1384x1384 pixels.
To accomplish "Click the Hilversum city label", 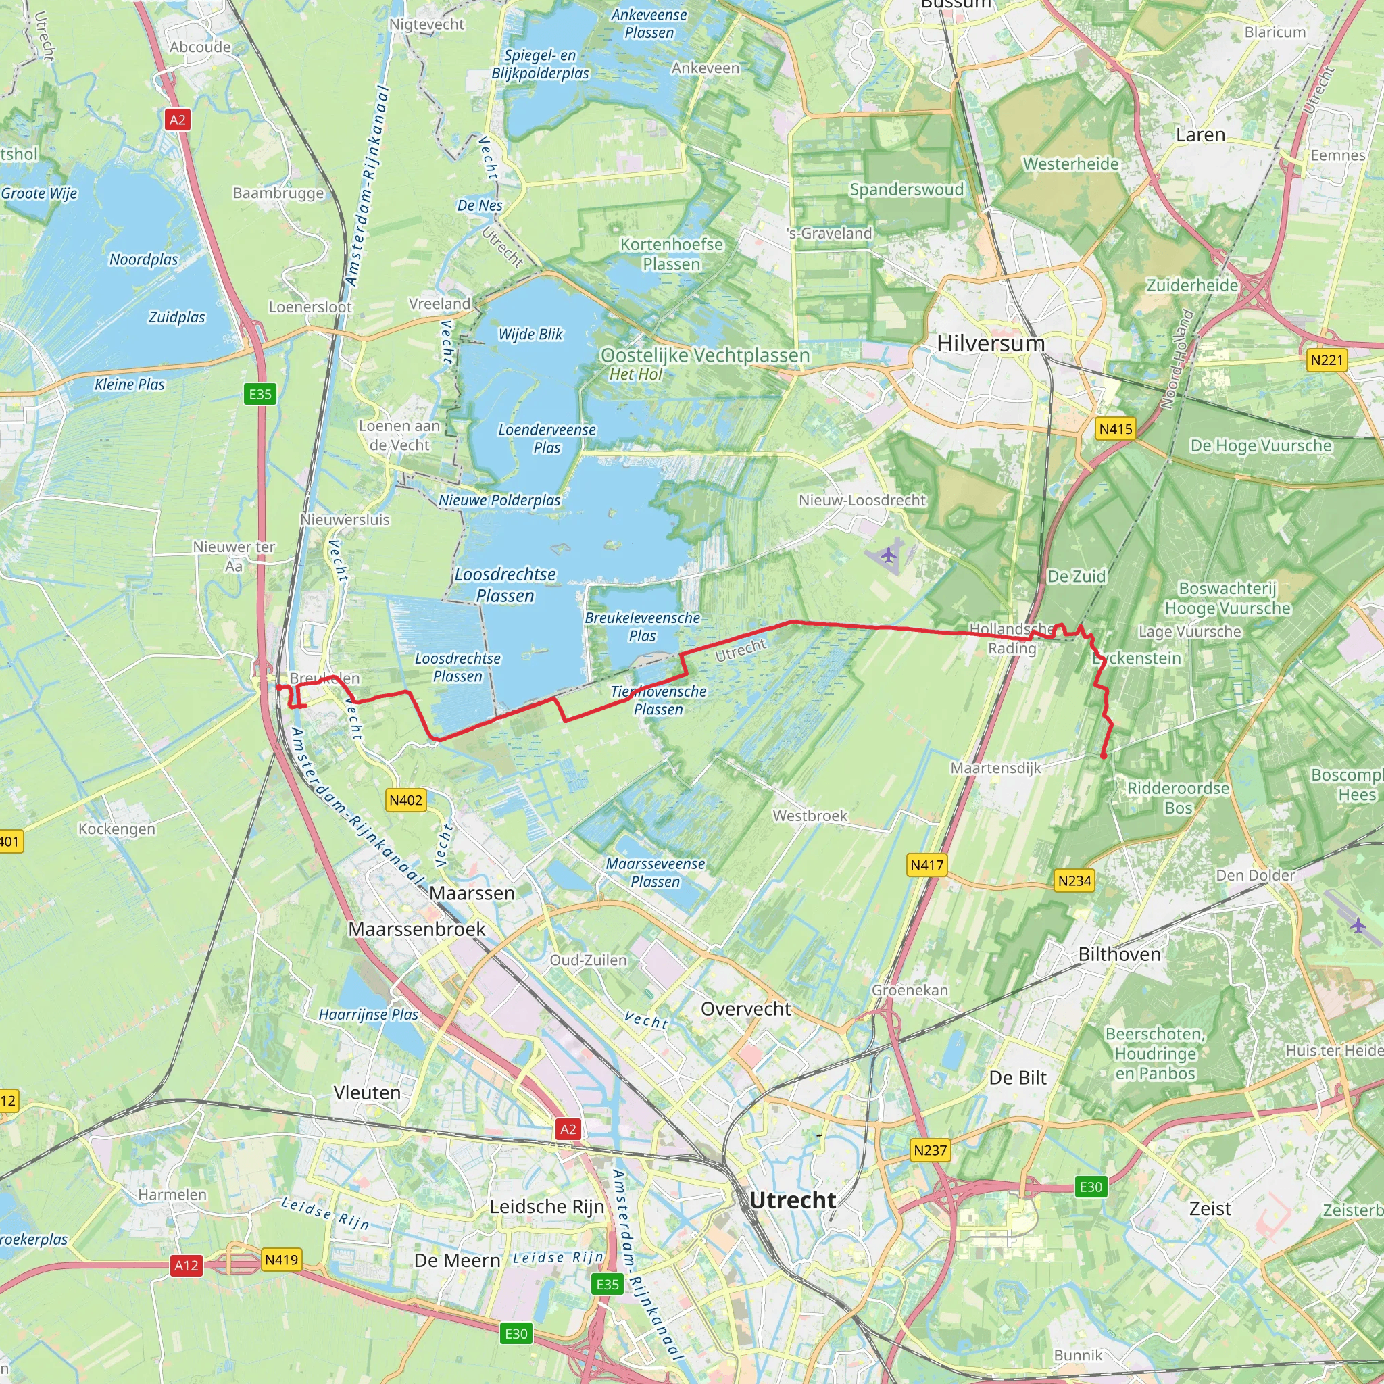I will (x=991, y=344).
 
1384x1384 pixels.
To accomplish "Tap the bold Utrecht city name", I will (x=792, y=1200).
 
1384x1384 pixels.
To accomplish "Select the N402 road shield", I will (x=405, y=800).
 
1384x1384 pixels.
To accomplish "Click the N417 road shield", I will (x=927, y=866).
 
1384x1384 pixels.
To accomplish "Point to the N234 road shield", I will (x=1074, y=881).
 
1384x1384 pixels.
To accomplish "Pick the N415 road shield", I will (x=1115, y=429).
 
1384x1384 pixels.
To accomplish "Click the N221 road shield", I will (x=1327, y=360).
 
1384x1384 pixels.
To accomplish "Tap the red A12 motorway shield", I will (x=187, y=1266).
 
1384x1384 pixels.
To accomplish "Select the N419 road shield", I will (x=281, y=1260).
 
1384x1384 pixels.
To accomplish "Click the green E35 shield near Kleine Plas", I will (x=260, y=394).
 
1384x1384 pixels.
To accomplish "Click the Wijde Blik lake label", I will (x=530, y=335).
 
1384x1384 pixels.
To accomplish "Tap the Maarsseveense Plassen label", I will (x=656, y=872).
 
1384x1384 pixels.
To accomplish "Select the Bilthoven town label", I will (x=1119, y=954).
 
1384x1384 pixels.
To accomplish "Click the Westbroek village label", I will (x=810, y=816).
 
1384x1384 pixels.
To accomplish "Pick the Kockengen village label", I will (x=117, y=829).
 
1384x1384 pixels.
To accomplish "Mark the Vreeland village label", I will (x=439, y=303).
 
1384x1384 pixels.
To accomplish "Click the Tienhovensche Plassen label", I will (x=658, y=700).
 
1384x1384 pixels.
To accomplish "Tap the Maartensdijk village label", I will (x=995, y=768).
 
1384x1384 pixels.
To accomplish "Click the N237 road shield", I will (x=930, y=1150).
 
